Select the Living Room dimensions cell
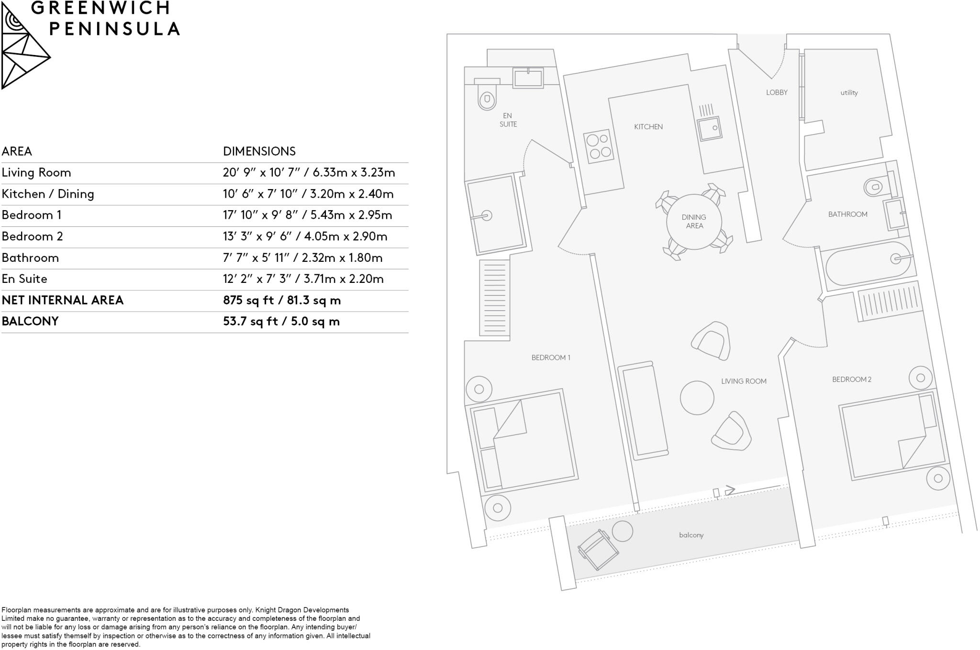point(309,173)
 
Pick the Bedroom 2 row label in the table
point(32,236)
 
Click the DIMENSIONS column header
point(259,151)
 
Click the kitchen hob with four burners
point(599,146)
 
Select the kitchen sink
point(709,128)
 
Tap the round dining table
point(693,222)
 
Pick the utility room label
point(849,93)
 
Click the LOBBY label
point(776,92)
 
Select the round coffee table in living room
point(697,398)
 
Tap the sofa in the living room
point(643,411)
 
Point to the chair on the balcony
point(597,550)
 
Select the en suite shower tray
point(498,214)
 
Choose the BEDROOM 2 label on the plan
point(851,380)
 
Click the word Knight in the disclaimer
point(265,610)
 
